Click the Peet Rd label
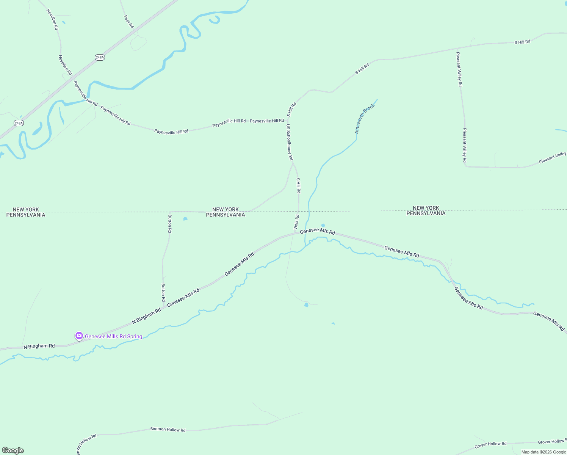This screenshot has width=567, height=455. (129, 21)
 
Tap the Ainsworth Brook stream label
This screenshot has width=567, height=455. (364, 118)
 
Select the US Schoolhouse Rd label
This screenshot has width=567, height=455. (290, 142)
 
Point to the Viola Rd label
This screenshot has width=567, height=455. (296, 222)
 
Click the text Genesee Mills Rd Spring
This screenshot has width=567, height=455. (113, 336)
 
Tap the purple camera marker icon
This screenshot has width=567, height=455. (79, 336)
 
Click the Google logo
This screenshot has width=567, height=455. (13, 450)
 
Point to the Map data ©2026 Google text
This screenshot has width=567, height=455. (543, 452)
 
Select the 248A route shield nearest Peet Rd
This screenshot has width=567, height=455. (100, 57)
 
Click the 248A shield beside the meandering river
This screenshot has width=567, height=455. (19, 123)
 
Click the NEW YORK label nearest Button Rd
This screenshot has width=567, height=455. (226, 209)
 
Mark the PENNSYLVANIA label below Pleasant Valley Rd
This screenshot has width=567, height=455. (426, 213)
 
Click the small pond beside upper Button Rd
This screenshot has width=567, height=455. (185, 219)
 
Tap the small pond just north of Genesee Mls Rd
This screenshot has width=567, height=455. (323, 225)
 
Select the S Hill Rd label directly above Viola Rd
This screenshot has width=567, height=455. (298, 185)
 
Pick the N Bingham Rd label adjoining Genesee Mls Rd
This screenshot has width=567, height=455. (146, 317)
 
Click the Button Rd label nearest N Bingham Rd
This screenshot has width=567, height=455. (163, 292)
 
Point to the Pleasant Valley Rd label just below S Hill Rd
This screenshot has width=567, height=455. (459, 69)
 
